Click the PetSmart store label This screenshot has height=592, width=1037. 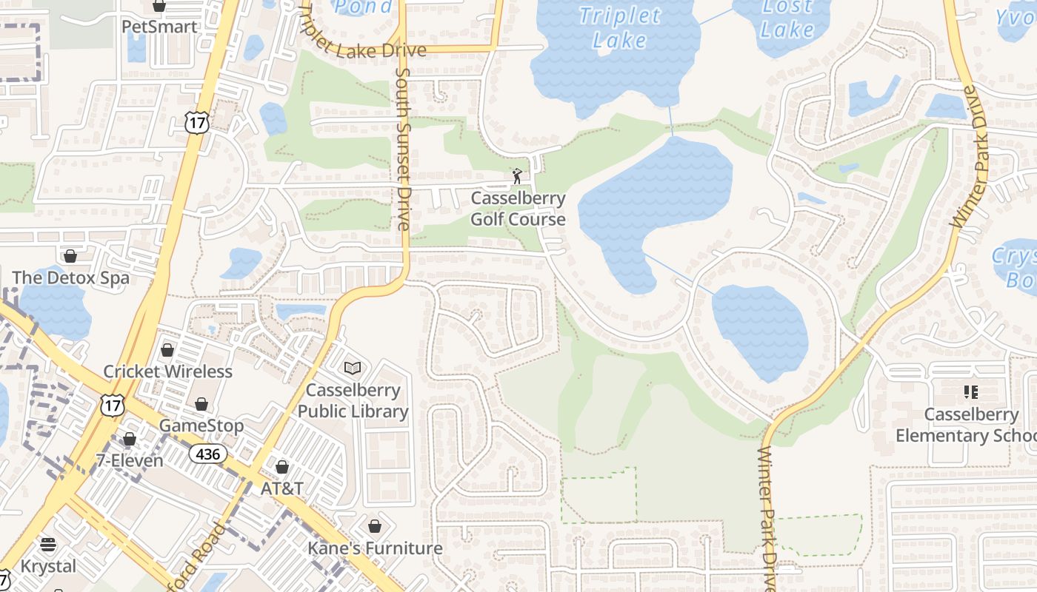159,27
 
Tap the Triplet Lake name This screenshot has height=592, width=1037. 619,27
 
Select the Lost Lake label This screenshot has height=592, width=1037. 787,18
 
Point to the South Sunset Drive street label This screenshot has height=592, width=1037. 404,148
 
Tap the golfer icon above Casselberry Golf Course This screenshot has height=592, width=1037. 517,176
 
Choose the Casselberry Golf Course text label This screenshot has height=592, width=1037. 518,209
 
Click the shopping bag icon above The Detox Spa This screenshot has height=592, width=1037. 70,256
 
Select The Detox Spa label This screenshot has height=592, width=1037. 70,278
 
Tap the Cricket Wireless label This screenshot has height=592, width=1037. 167,371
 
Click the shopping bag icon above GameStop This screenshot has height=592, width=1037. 201,404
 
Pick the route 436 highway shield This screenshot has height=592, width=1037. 207,454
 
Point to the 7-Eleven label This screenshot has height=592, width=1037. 130,460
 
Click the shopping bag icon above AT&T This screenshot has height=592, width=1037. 281,467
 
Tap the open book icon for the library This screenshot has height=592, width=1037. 353,368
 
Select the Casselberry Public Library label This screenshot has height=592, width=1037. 353,400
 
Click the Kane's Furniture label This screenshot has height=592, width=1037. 375,548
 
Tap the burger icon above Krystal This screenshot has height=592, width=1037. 48,545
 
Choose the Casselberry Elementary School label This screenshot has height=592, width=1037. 966,425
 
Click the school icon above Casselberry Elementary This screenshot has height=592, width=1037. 970,391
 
